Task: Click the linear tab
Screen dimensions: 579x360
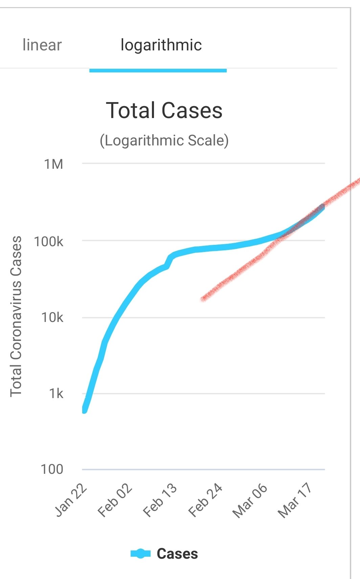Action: [x=42, y=45]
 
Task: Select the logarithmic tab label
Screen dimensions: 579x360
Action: [x=161, y=45]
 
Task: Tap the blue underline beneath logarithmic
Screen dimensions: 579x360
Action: [x=158, y=70]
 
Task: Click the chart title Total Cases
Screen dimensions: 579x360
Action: [x=164, y=110]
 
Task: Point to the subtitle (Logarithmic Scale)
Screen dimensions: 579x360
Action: [x=164, y=140]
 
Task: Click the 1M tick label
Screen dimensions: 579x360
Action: [x=53, y=164]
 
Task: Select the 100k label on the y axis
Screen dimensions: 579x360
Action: [x=48, y=241]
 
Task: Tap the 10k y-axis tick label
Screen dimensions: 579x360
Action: [x=52, y=317]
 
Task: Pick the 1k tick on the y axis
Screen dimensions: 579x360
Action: [x=56, y=393]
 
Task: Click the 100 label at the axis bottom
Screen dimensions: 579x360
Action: [x=52, y=469]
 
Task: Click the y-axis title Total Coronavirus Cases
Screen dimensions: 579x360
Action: [x=16, y=316]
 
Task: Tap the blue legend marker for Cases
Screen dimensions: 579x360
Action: [x=140, y=554]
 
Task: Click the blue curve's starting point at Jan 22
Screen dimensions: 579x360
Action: [x=84, y=410]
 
